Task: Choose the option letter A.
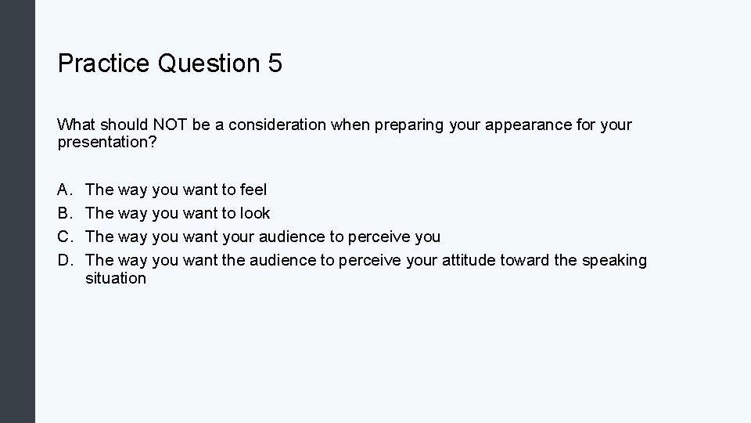63,190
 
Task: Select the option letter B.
63,213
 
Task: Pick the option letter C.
63,237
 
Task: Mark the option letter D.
63,260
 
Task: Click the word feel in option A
252,190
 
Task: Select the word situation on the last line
116,278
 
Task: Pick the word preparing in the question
414,125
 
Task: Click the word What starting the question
76,125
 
